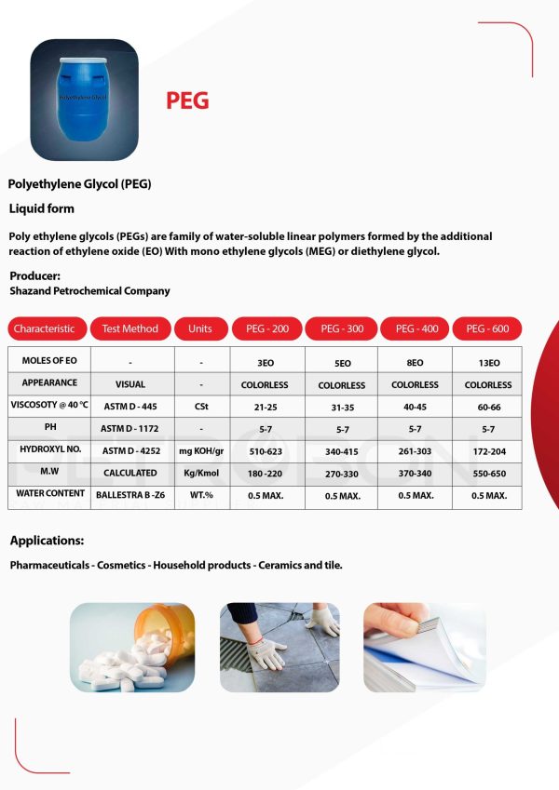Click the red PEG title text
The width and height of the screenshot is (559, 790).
187,100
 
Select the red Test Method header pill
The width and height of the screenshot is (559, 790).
130,328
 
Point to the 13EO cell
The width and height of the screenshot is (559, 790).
488,362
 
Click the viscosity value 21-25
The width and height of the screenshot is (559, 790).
265,407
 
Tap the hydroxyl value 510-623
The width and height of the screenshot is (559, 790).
265,451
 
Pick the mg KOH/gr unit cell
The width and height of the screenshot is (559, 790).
200,451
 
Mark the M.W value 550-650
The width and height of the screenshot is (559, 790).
488,474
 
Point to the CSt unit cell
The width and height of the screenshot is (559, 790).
200,407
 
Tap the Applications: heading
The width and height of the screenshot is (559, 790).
47,541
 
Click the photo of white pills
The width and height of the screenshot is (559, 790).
132,647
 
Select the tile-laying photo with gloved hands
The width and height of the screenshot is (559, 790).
279,647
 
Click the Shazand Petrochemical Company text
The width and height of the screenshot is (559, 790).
89,291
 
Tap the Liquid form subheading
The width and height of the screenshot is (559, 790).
41,208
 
